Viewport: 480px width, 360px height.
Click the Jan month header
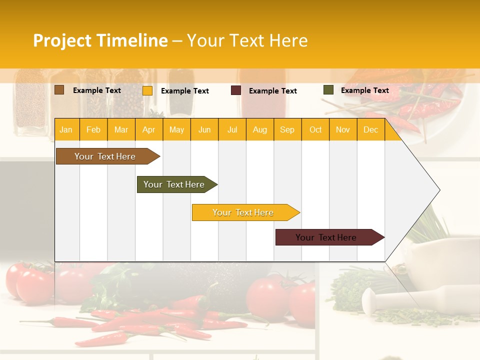pyautogui.click(x=66, y=130)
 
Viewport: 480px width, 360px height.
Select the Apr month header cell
pyautogui.click(x=148, y=130)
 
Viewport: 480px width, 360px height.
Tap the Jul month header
pyautogui.click(x=232, y=130)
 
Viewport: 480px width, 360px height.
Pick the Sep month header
pyautogui.click(x=287, y=130)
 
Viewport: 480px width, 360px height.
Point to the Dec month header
pyautogui.click(x=370, y=130)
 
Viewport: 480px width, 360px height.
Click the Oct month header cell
pyautogui.click(x=315, y=130)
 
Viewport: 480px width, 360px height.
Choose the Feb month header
pyautogui.click(x=93, y=130)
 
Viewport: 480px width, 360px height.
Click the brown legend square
pyautogui.click(x=59, y=90)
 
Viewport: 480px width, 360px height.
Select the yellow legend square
pyautogui.click(x=147, y=90)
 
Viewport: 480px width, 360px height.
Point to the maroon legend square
pyautogui.click(x=236, y=90)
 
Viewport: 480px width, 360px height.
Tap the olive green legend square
pyautogui.click(x=328, y=90)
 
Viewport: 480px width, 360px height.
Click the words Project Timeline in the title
pyautogui.click(x=100, y=40)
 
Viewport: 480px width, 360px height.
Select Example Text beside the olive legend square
pyautogui.click(x=364, y=90)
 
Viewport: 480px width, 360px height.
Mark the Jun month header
pyautogui.click(x=204, y=130)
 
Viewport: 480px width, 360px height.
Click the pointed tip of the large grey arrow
pyautogui.click(x=438, y=190)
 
